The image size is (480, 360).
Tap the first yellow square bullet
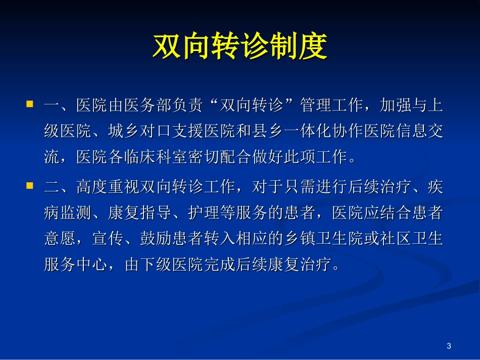[x=30, y=104]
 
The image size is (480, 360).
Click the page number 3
[x=449, y=346]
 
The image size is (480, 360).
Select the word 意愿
[x=60, y=239]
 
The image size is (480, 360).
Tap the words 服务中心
[x=76, y=265]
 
